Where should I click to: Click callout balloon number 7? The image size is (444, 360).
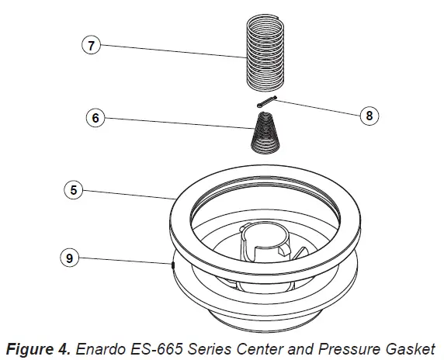pos(91,45)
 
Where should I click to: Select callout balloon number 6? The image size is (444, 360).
pos(93,119)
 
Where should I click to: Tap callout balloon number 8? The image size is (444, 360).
pos(368,116)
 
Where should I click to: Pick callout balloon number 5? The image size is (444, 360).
pos(71,189)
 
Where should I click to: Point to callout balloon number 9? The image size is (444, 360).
pos(71,258)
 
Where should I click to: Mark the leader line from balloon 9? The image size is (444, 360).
pos(124,261)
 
